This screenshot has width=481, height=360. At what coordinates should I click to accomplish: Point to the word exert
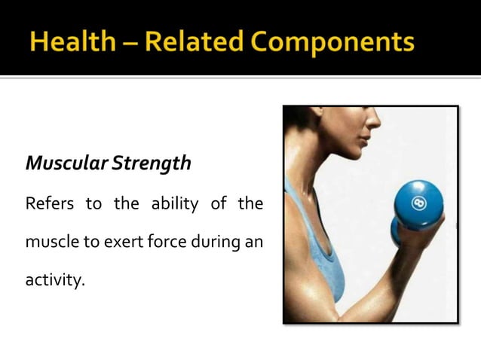(114, 243)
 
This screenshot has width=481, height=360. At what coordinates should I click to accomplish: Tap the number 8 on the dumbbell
(419, 204)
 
